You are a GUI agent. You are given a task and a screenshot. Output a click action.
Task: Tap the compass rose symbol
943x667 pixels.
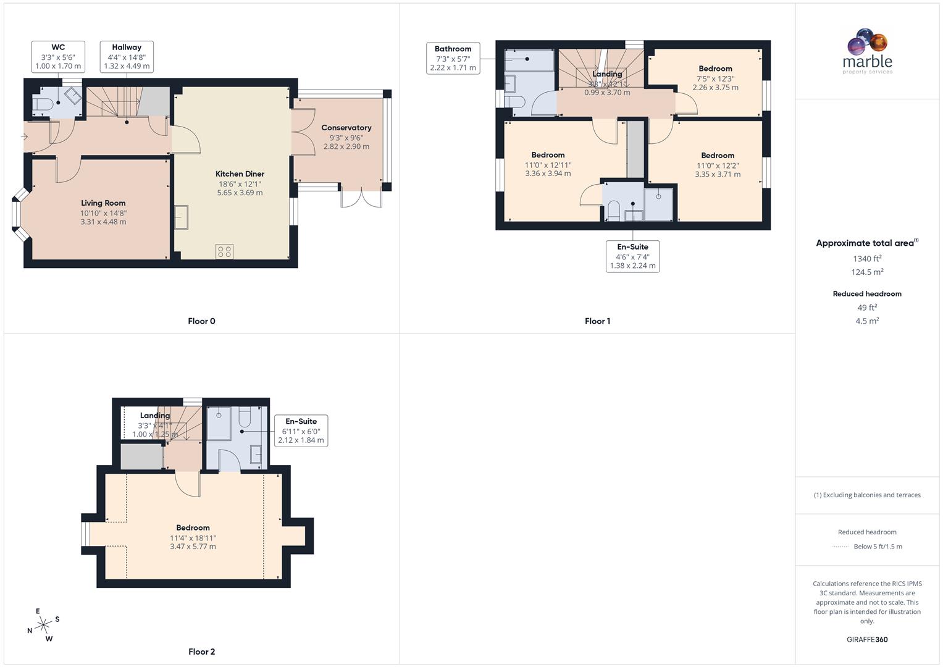pos(43,625)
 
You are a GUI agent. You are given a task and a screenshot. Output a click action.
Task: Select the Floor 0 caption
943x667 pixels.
pos(201,321)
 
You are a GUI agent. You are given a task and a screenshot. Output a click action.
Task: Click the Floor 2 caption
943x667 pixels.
pos(201,652)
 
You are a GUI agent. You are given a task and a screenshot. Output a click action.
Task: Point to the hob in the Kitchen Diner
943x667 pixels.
pos(224,251)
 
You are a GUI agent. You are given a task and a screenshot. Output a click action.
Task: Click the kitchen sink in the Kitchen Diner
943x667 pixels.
pos(182,217)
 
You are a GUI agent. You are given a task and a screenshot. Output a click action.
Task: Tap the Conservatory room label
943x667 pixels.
pos(346,128)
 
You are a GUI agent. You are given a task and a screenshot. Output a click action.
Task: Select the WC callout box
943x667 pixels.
pos(58,56)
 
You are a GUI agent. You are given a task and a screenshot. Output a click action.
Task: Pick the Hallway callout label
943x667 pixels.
pos(127,56)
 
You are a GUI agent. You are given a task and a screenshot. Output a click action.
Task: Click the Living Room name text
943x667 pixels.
pos(103,203)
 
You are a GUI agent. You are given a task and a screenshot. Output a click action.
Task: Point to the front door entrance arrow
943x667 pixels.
pos(25,136)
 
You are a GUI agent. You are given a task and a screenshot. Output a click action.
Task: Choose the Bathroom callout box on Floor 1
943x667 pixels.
pos(453,58)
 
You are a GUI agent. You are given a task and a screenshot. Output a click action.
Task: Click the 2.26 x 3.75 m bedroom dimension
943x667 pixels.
pos(715,88)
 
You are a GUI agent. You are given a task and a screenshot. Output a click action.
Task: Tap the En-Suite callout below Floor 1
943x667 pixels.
pos(632,256)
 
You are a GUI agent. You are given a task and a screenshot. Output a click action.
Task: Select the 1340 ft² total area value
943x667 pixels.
pos(867,259)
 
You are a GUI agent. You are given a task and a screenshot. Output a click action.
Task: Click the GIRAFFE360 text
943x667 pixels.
pos(867,639)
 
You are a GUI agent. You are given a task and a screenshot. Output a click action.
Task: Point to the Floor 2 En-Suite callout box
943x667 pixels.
pos(301,430)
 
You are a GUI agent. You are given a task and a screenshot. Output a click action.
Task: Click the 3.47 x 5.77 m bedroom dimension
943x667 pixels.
pos(193,547)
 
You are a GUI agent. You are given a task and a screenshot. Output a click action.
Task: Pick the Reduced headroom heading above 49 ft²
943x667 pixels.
pos(867,294)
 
